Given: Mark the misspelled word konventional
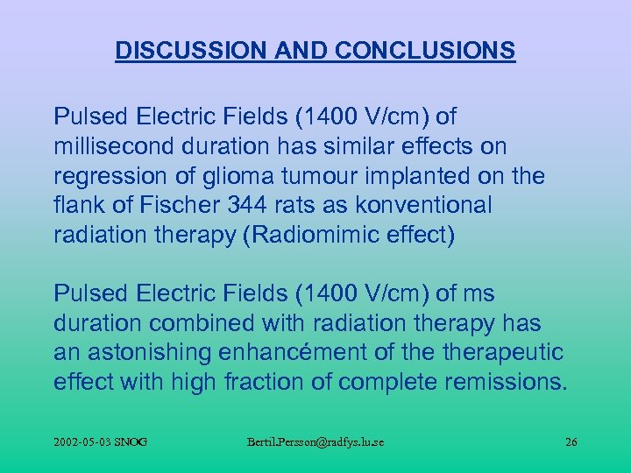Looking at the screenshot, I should point(430,206).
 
